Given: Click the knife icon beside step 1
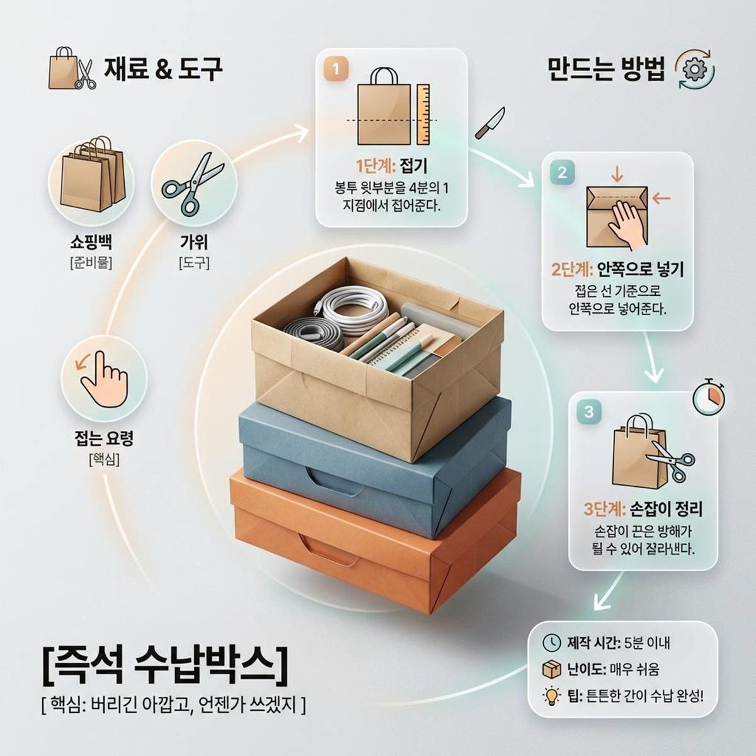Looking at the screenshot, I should (490, 123).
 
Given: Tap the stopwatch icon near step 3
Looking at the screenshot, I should (709, 398).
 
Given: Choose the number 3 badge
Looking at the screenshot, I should (589, 412).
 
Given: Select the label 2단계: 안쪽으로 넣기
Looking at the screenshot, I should (617, 270).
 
